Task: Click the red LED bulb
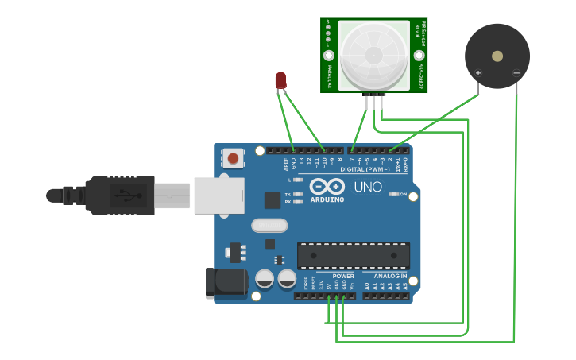tap(280, 79)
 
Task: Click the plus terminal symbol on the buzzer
tap(478, 74)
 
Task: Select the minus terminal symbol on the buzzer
tap(516, 74)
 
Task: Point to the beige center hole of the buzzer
tap(497, 56)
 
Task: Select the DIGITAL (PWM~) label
tap(365, 170)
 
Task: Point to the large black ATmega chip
tap(354, 255)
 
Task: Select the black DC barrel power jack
tap(226, 283)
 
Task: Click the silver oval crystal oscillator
tap(269, 226)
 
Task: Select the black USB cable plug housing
tap(119, 195)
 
